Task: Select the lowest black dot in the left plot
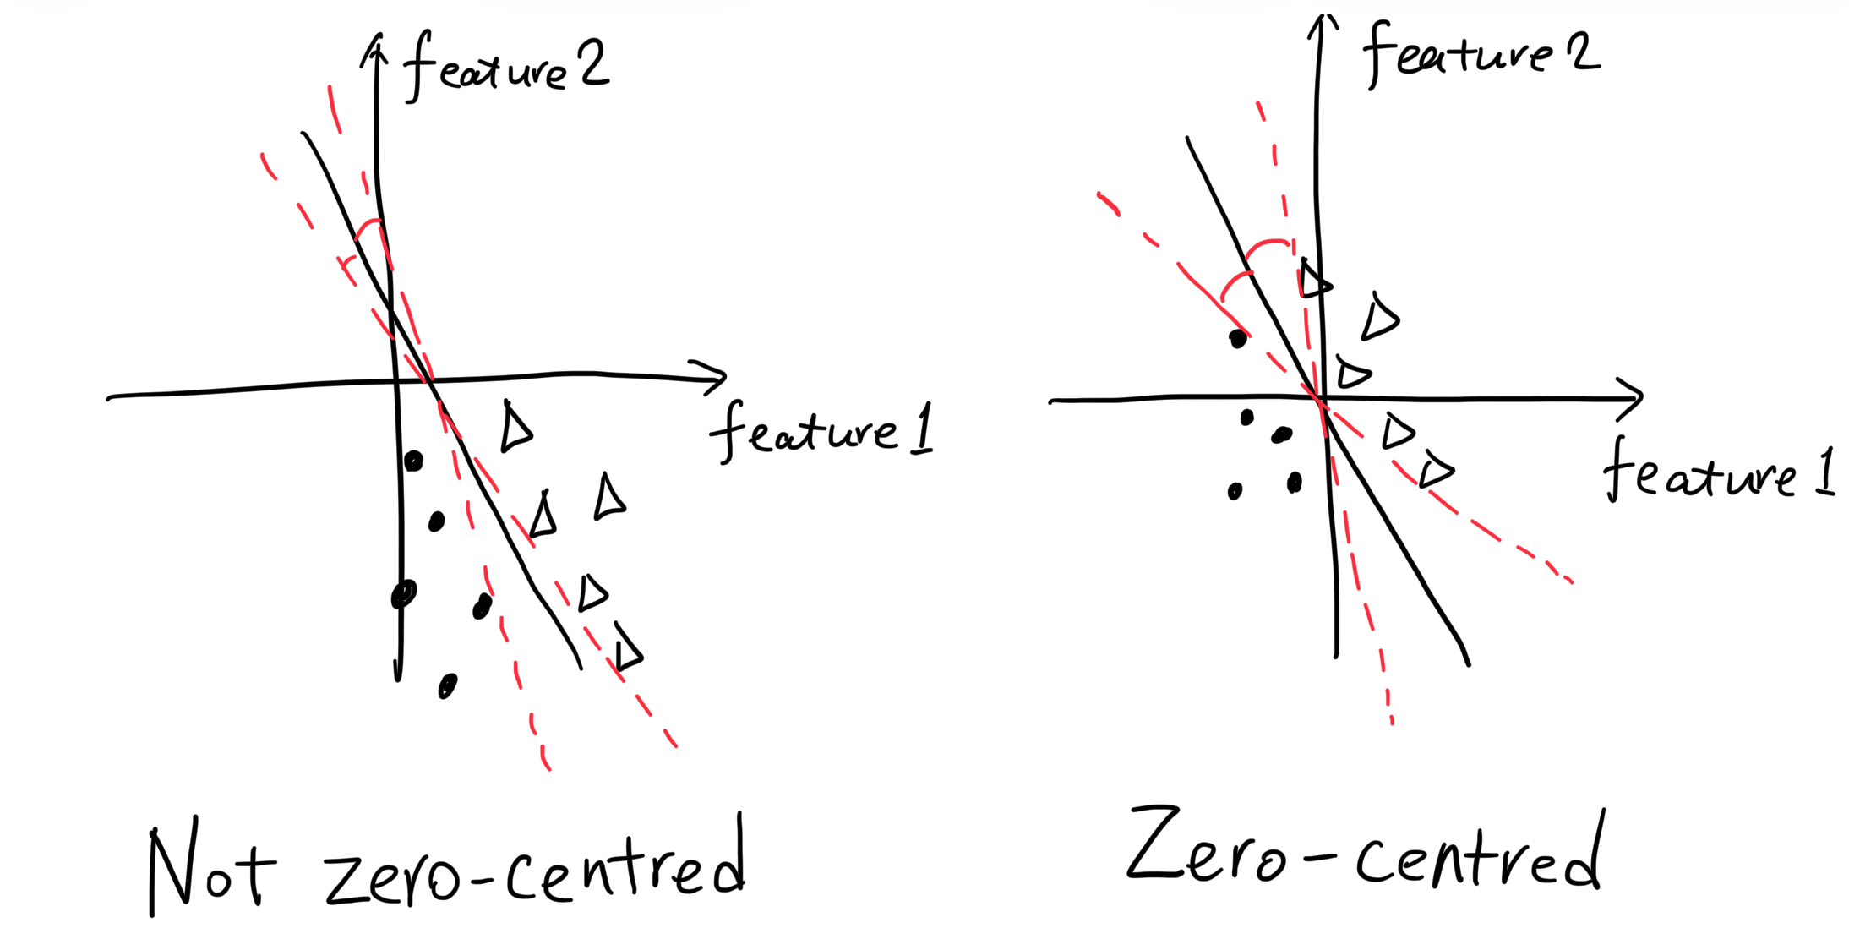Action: pyautogui.click(x=447, y=685)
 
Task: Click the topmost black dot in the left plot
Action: pyautogui.click(x=413, y=461)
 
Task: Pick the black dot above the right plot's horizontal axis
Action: pyautogui.click(x=1238, y=339)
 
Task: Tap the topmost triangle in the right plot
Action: pyautogui.click(x=1313, y=280)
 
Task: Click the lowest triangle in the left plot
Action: pyautogui.click(x=628, y=650)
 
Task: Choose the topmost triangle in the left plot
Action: pyautogui.click(x=515, y=428)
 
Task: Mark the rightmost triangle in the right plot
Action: pyautogui.click(x=1435, y=470)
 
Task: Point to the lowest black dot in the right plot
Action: pyautogui.click(x=1235, y=491)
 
